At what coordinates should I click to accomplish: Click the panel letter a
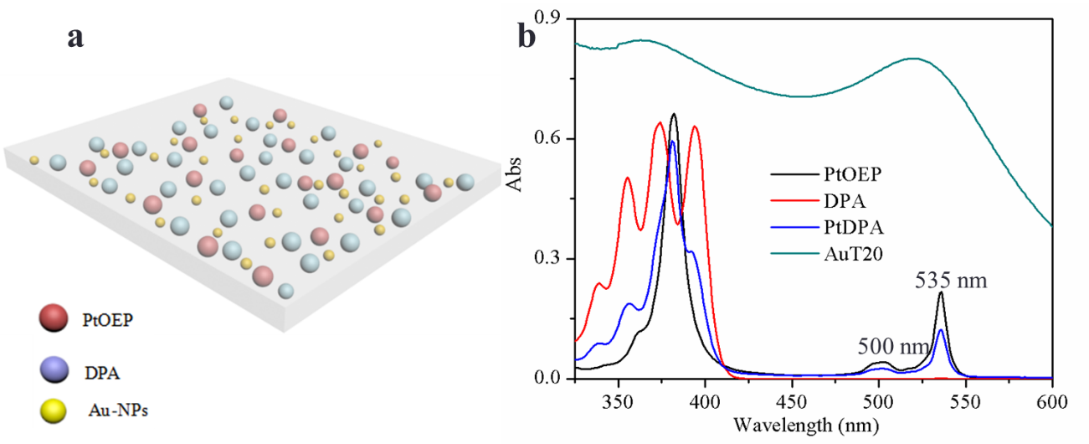click(75, 38)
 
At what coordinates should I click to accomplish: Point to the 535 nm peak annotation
click(951, 281)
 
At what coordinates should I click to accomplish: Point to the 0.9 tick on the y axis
click(553, 18)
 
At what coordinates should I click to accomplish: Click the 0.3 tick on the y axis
click(553, 259)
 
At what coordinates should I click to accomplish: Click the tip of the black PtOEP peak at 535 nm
click(941, 292)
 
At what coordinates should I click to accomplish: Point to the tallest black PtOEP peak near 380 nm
click(674, 114)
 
